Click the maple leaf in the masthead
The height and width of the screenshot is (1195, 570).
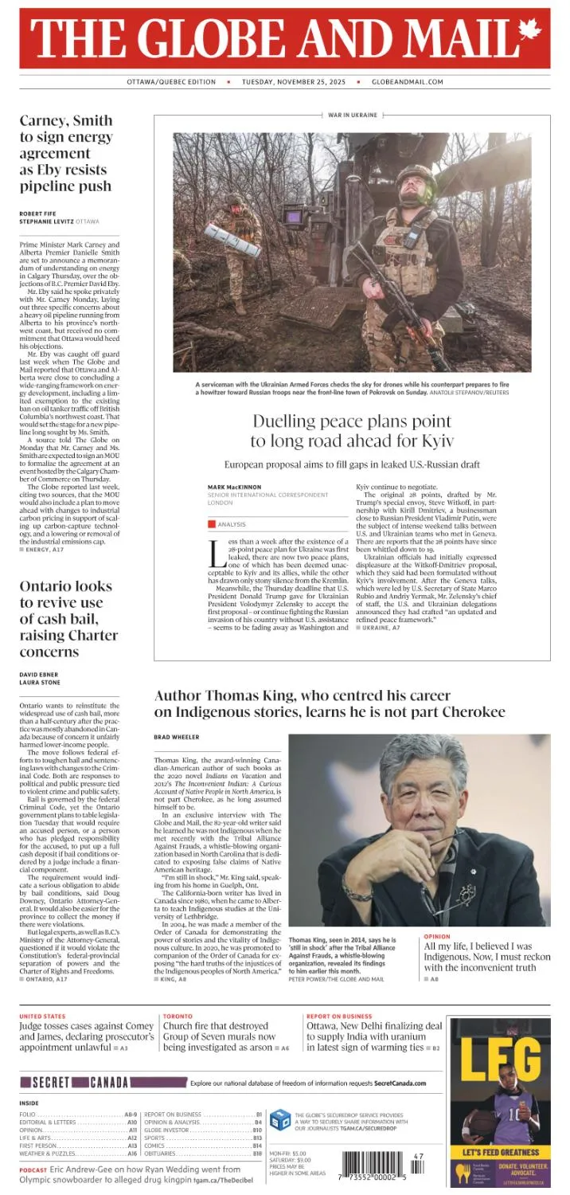click(529, 32)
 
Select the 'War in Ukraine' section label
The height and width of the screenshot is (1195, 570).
click(352, 116)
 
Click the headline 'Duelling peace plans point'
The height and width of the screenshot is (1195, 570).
click(352, 422)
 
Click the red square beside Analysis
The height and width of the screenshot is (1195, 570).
click(212, 524)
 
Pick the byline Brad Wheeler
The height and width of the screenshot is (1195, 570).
click(177, 737)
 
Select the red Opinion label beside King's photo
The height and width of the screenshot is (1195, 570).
click(436, 937)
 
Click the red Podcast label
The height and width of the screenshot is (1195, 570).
click(33, 1170)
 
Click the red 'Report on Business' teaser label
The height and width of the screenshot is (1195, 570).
click(339, 1017)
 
